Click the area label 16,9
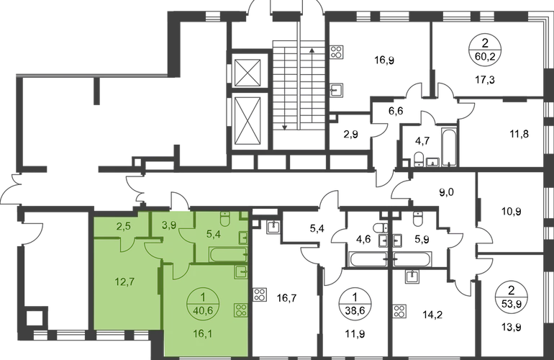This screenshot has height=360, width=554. pyautogui.click(x=384, y=60)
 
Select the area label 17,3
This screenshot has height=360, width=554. pyautogui.click(x=484, y=80)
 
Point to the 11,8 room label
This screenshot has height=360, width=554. pyautogui.click(x=519, y=134)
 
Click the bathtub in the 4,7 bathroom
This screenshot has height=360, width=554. pyautogui.click(x=448, y=148)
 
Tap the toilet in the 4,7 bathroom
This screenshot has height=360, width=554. pyautogui.click(x=419, y=159)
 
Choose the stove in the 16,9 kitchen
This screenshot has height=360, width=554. pyautogui.click(x=337, y=53)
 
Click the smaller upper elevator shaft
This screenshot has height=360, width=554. pyautogui.click(x=247, y=73)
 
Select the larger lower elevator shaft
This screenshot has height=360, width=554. pyautogui.click(x=248, y=120)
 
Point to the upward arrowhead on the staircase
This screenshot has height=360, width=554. pyautogui.click(x=312, y=50)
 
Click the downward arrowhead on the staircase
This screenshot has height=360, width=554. pyautogui.click(x=284, y=127)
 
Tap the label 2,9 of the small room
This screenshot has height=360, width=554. pyautogui.click(x=350, y=134)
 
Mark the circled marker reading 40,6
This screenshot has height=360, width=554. pyautogui.click(x=204, y=304)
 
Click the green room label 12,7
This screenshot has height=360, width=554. pyautogui.click(x=125, y=282)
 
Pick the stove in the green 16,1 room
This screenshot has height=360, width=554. pyautogui.click(x=240, y=310)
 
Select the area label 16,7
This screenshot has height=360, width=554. pyautogui.click(x=286, y=298)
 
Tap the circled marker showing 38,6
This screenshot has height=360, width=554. pyautogui.click(x=355, y=304)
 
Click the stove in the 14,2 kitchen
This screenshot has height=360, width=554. pyautogui.click(x=400, y=311)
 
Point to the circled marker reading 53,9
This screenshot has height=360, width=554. pyautogui.click(x=512, y=299)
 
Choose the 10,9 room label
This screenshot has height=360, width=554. pyautogui.click(x=512, y=212)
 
